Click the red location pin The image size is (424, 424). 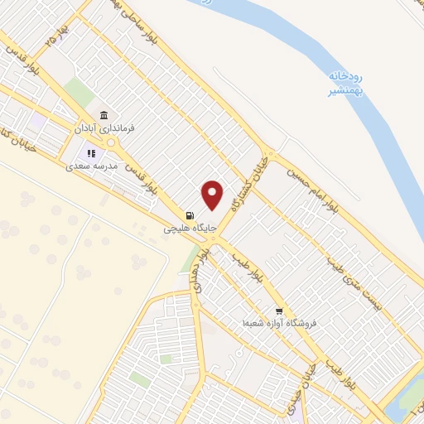pos(213,194)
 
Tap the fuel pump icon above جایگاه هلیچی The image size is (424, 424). pos(191,214)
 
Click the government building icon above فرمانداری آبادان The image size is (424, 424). pos(104,116)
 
